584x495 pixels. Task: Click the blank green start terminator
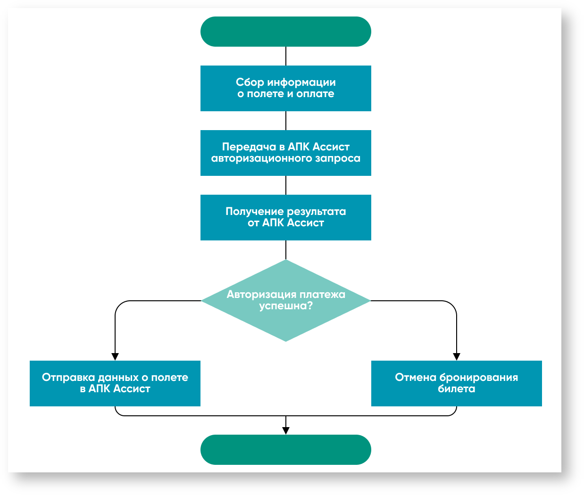[x=285, y=32]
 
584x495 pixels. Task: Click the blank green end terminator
[x=285, y=449]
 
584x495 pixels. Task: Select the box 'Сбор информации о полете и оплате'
[x=285, y=88]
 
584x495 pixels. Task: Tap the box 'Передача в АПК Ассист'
[x=285, y=153]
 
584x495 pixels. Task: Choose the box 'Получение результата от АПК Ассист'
[x=285, y=217]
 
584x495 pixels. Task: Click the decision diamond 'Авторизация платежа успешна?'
[x=285, y=300]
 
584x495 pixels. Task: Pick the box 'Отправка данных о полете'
[x=115, y=383]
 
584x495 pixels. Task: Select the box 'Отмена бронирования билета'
[x=456, y=383]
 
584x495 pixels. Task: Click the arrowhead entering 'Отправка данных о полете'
[x=115, y=357]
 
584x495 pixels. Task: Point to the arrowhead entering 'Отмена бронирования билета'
[x=457, y=357]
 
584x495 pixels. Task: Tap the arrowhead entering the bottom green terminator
[x=286, y=430]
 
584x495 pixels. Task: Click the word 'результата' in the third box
[x=317, y=212]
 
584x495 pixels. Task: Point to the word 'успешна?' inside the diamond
[x=286, y=306]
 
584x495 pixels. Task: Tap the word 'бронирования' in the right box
[x=478, y=378]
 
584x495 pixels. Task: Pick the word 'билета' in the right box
[x=456, y=389]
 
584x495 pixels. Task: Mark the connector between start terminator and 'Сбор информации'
[x=286, y=56]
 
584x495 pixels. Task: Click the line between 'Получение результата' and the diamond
[x=286, y=250]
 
